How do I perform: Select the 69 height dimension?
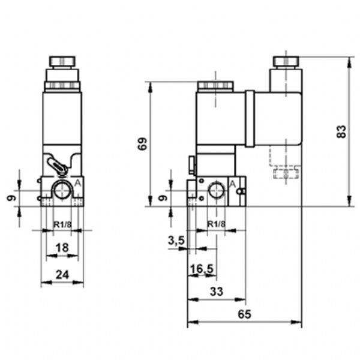[x=143, y=144]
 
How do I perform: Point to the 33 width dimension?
[x=217, y=292]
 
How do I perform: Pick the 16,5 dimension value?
[x=202, y=269]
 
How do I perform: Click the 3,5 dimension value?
[x=176, y=241]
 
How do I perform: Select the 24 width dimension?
[x=62, y=275]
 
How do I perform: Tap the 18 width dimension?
[x=62, y=248]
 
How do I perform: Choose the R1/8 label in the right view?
[x=216, y=225]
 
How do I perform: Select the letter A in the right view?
[x=232, y=183]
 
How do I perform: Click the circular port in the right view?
[x=215, y=191]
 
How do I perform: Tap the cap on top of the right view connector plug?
[x=286, y=61]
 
